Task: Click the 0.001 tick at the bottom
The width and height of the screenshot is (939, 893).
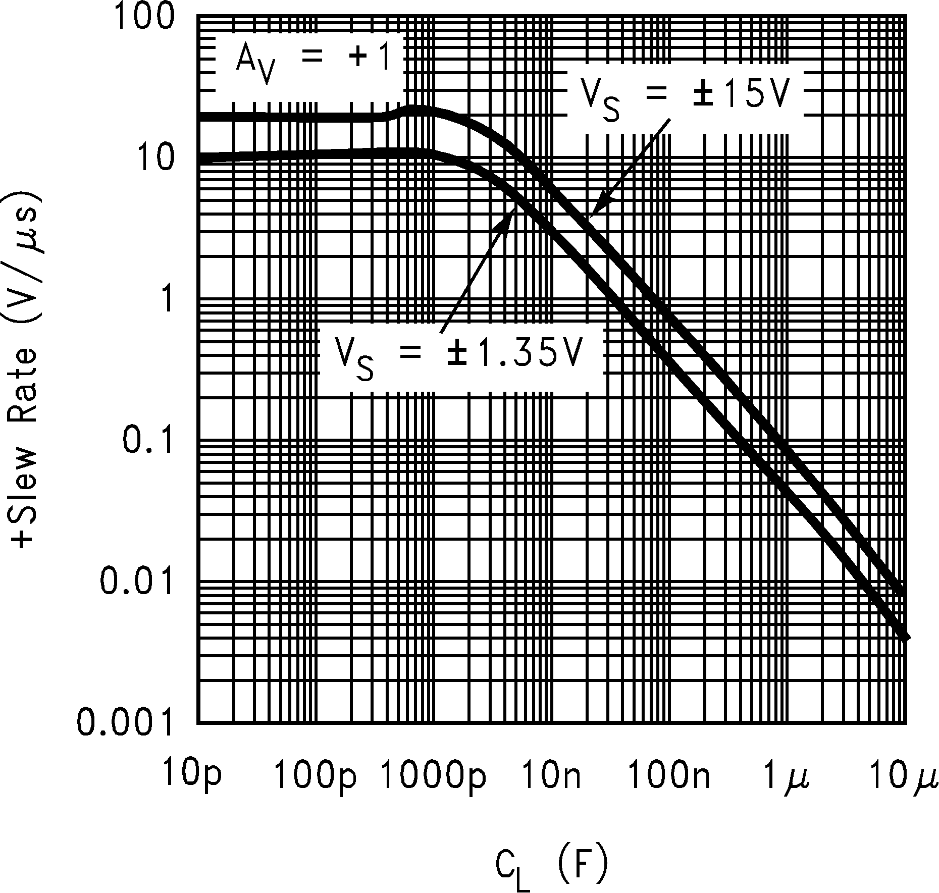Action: click(x=123, y=722)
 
